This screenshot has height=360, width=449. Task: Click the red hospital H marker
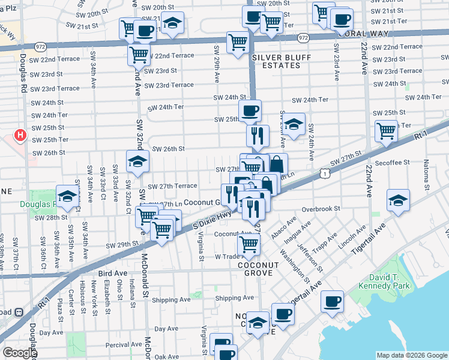[x=20, y=136]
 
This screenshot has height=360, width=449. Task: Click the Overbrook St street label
[x=321, y=209]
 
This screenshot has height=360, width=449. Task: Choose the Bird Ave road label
[x=112, y=274]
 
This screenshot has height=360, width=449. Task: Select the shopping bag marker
[x=278, y=164]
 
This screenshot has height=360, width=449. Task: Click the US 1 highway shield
[x=324, y=173]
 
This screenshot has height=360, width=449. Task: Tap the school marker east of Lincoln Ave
[x=397, y=200]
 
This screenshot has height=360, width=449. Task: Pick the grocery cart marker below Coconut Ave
[x=248, y=244]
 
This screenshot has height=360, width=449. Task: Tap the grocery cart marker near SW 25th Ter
[x=385, y=130]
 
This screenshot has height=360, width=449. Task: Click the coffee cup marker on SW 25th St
[x=250, y=110]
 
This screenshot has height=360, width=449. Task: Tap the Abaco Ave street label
[x=283, y=229]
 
